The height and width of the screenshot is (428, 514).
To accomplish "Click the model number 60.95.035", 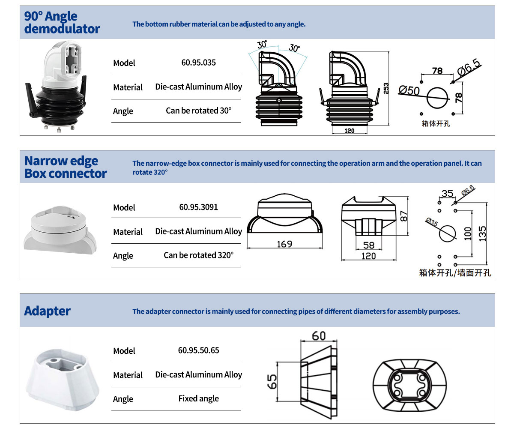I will (x=198, y=63).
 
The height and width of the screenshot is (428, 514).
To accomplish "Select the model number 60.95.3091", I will (x=198, y=207).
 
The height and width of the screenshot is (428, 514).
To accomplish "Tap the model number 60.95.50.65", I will (x=198, y=350).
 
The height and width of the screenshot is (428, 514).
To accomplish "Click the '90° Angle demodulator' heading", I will (x=62, y=23).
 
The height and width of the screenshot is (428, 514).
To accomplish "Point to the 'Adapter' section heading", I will (x=48, y=311).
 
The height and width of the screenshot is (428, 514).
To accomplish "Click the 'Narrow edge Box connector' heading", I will (x=66, y=167).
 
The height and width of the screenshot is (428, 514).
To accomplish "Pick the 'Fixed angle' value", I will (x=198, y=398).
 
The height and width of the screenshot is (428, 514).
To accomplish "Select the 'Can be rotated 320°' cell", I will (x=198, y=255).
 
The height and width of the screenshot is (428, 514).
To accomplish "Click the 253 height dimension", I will (x=386, y=88).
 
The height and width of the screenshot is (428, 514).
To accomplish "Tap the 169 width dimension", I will (x=284, y=244).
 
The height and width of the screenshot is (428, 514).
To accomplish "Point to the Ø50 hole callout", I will (x=409, y=90).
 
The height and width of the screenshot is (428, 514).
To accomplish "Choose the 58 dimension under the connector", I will (x=368, y=245).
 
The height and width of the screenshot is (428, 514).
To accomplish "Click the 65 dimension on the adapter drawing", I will (x=272, y=380).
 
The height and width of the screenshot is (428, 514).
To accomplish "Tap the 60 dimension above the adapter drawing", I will (x=319, y=336).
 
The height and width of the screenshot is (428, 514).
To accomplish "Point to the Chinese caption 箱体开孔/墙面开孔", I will (x=455, y=273).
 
